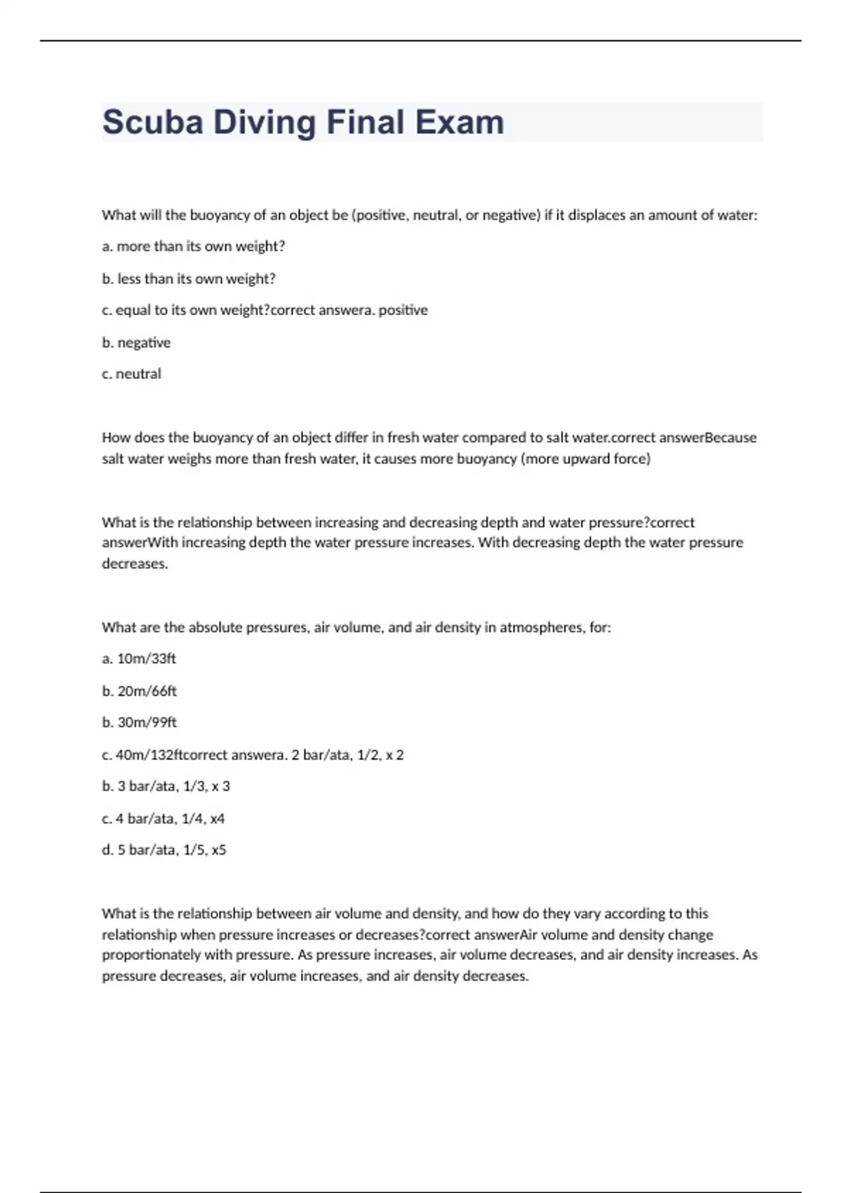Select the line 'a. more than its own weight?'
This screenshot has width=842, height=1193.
pyautogui.click(x=193, y=246)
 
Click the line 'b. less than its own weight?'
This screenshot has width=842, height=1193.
pyautogui.click(x=188, y=279)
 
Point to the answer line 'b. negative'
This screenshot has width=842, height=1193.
pyautogui.click(x=136, y=342)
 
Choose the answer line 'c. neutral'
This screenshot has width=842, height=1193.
pyautogui.click(x=131, y=374)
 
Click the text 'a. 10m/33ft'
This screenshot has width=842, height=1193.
pyautogui.click(x=139, y=658)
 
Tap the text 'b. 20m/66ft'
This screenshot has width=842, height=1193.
pyautogui.click(x=139, y=691)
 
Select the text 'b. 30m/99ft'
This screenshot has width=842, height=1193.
pyautogui.click(x=139, y=722)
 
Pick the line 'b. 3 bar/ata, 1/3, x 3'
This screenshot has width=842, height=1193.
pyautogui.click(x=166, y=786)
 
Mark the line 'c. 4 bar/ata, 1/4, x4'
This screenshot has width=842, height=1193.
pyautogui.click(x=163, y=818)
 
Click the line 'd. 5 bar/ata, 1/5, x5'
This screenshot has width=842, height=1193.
pyautogui.click(x=163, y=850)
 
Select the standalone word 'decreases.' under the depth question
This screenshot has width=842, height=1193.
pyautogui.click(x=135, y=564)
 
